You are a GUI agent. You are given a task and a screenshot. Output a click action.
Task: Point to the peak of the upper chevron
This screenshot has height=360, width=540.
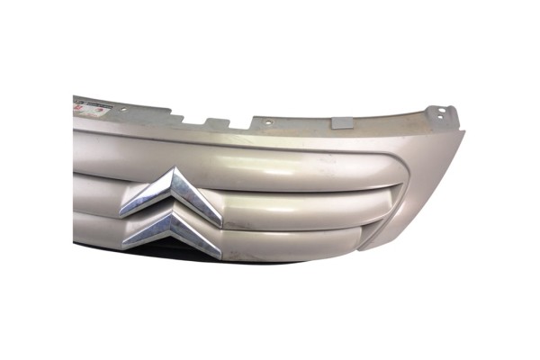click(x=175, y=174)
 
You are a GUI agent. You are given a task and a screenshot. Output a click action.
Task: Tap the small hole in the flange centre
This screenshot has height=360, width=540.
click(x=267, y=120)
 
